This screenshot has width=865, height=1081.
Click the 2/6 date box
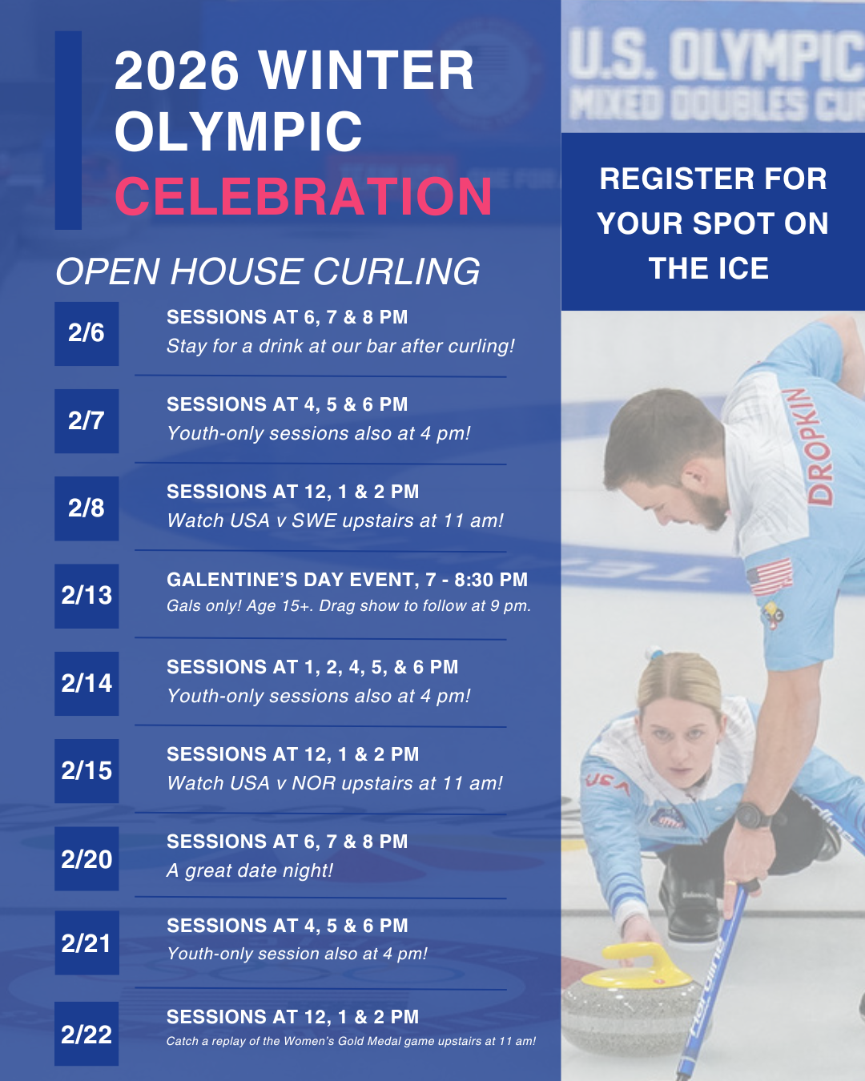86,334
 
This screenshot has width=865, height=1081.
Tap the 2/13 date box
86,596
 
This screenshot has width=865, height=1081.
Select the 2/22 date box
86,1034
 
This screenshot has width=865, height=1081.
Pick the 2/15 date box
86,771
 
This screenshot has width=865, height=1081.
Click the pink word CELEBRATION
303,197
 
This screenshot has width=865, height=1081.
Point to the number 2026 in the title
177,70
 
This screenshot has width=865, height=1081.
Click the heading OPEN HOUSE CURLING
268,272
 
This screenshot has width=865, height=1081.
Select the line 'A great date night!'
249,870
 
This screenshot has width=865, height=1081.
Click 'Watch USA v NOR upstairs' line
335,783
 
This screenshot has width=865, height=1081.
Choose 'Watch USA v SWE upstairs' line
335,520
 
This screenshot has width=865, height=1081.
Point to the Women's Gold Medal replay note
351,1041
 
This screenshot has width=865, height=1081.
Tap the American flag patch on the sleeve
770,577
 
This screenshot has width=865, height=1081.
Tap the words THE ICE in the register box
709,268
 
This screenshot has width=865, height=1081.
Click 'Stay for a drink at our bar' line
340,346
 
